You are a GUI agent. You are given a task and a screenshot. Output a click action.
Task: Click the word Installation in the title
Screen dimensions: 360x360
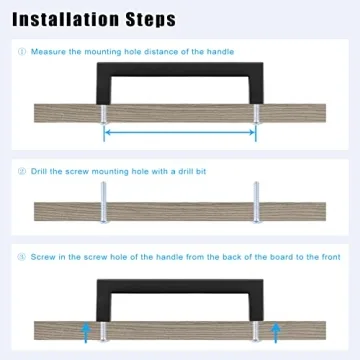pos(66,20)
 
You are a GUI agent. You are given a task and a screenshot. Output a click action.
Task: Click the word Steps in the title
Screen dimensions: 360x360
pos(151,21)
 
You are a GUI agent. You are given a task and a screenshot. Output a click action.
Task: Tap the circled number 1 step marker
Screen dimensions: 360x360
pos(22,52)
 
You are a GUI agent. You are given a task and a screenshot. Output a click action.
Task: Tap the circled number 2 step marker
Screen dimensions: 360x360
pos(22,171)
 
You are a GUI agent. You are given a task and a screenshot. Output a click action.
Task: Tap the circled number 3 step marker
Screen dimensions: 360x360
pos(22,257)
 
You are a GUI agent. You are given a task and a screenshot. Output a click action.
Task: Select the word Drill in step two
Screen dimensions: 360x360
pos(39,171)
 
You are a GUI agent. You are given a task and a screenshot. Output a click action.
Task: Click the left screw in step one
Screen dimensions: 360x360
pos(104,114)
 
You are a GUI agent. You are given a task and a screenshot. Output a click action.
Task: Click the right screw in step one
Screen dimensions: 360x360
pos(256,114)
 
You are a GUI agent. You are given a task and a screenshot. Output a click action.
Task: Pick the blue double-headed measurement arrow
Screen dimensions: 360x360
pos(180,132)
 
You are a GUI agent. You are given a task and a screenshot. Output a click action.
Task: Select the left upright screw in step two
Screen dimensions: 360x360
pos(104,202)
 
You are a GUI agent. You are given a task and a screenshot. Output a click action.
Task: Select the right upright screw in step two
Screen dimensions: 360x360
pos(256,202)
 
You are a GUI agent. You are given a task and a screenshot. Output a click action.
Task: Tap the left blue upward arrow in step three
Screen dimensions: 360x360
pos(86,332)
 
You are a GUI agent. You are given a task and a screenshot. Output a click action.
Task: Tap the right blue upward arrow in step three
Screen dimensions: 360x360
pos(275,332)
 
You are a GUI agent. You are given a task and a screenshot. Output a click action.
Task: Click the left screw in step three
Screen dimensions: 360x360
pos(104,331)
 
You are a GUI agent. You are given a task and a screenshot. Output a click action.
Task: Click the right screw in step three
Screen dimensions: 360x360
pos(256,331)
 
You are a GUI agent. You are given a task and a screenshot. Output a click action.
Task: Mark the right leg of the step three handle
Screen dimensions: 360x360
pos(256,307)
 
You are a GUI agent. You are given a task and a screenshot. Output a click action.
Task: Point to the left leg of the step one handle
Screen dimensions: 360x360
pos(104,90)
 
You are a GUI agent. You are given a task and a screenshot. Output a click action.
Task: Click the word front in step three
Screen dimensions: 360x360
pos(330,257)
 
